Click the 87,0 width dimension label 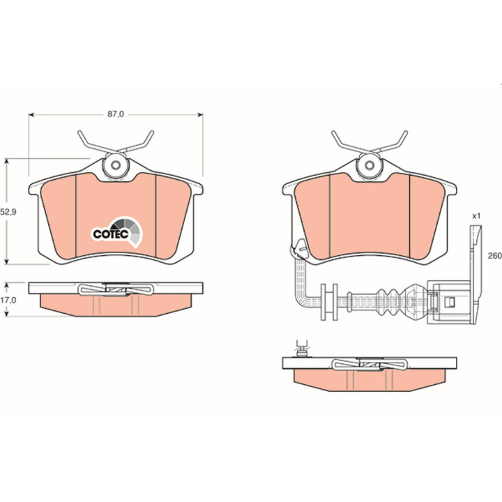pos(116,114)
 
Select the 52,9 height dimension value pos(8,212)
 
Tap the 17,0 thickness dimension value pos(8,301)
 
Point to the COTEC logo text pos(111,234)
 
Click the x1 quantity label pos(477,216)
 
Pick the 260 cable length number pos(495,256)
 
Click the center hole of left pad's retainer pos(116,165)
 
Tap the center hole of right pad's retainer pos(369,165)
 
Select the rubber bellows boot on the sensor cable pos(387,302)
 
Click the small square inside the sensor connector pos(450,302)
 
